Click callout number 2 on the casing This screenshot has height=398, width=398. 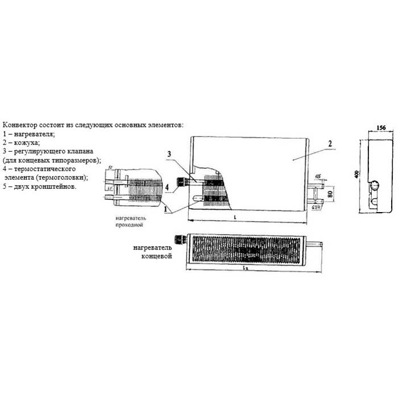pyautogui.click(x=329, y=144)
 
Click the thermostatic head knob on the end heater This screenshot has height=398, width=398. pyautogui.click(x=180, y=241)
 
